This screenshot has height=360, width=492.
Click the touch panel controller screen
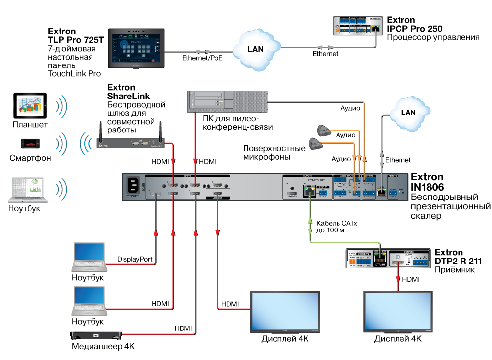(137, 48)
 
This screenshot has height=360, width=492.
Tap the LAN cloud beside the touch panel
(256, 49)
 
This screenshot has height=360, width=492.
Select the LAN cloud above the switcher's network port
(408, 112)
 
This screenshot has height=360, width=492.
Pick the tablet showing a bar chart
(30, 105)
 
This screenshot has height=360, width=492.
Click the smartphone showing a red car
(30, 143)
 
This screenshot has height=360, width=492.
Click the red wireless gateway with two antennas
(131, 143)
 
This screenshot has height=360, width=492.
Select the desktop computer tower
(227, 101)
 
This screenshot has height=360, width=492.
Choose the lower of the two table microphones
(315, 143)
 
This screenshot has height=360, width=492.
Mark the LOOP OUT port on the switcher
(217, 194)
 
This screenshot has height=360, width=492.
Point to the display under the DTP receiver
(398, 311)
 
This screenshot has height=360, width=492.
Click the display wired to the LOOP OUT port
(285, 311)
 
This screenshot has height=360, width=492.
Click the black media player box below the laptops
(96, 336)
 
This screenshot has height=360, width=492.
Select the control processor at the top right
(358, 26)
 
